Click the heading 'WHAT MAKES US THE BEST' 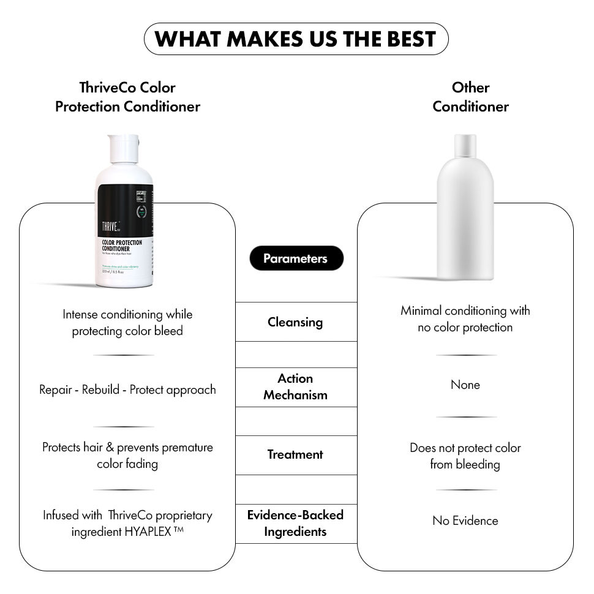pyautogui.click(x=296, y=39)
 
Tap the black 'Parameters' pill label pyautogui.click(x=296, y=258)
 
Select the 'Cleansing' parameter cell pyautogui.click(x=296, y=321)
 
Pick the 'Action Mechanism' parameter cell pyautogui.click(x=296, y=387)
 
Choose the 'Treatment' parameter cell pyautogui.click(x=296, y=455)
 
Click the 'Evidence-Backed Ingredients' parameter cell pyautogui.click(x=296, y=523)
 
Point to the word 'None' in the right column pyautogui.click(x=465, y=385)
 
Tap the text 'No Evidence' pyautogui.click(x=465, y=521)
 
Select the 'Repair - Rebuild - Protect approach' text pyautogui.click(x=127, y=390)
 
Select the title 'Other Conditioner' pyautogui.click(x=470, y=97)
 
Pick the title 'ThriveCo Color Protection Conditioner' pyautogui.click(x=127, y=97)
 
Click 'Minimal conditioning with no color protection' pyautogui.click(x=465, y=319)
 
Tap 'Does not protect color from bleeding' pyautogui.click(x=465, y=456)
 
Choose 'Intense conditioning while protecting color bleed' pyautogui.click(x=127, y=323)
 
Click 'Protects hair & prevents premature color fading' pyautogui.click(x=127, y=456)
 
